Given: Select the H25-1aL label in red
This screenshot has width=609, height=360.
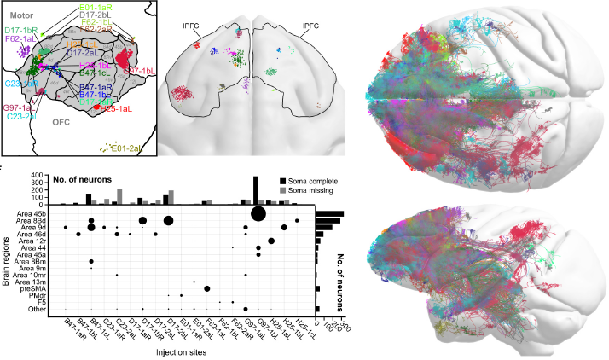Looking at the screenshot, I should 115,109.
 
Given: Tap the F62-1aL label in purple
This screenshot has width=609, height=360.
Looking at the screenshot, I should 20,38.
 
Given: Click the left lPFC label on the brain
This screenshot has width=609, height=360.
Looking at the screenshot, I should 191,36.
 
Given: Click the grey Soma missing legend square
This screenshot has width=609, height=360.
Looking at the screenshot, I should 281,190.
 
